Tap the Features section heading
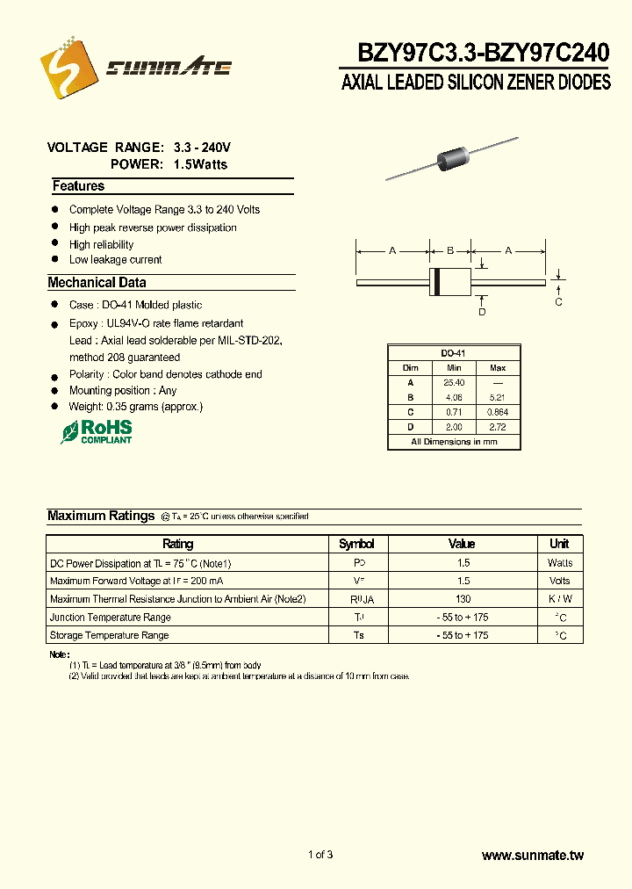click(78, 186)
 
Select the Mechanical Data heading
click(97, 283)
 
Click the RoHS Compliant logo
click(97, 430)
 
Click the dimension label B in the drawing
click(450, 251)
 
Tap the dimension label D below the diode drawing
click(482, 312)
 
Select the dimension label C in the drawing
click(558, 302)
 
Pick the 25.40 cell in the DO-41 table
click(454, 383)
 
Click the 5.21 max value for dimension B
click(498, 397)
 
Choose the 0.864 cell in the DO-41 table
click(498, 412)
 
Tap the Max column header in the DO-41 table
click(498, 368)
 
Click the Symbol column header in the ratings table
click(356, 544)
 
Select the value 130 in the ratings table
click(462, 599)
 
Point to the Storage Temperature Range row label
click(110, 635)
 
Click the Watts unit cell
click(560, 563)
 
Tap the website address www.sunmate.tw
click(533, 855)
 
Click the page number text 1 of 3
click(320, 855)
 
